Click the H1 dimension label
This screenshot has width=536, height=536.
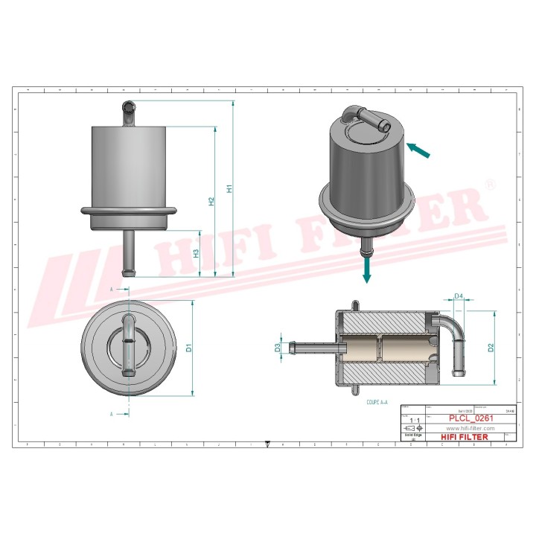[x=230, y=189]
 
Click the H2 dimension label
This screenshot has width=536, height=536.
[x=211, y=202]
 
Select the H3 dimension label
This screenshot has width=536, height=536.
[x=197, y=253]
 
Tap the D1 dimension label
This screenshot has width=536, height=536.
[x=189, y=347]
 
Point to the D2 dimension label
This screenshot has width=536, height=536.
[x=491, y=348]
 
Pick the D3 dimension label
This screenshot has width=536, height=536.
[x=278, y=348]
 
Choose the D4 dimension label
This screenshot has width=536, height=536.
[x=459, y=297]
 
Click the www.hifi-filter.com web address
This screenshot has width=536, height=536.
[x=470, y=429]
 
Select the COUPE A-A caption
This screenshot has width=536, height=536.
[x=377, y=401]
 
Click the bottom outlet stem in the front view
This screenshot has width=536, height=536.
[x=127, y=253]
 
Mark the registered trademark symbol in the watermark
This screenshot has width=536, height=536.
[x=489, y=183]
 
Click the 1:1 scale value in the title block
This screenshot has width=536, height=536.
[x=415, y=421]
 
